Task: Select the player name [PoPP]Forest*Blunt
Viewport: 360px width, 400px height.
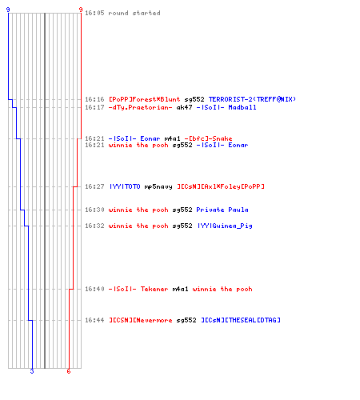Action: pyautogui.click(x=144, y=99)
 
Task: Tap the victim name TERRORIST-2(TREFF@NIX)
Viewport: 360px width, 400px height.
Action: pyautogui.click(x=252, y=99)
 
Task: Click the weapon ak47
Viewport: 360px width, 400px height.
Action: pyautogui.click(x=184, y=107)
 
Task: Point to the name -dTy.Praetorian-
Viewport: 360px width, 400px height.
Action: pyautogui.click(x=140, y=107)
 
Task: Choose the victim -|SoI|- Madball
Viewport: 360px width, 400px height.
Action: pyautogui.click(x=226, y=107)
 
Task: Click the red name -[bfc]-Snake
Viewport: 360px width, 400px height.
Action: pyautogui.click(x=208, y=138)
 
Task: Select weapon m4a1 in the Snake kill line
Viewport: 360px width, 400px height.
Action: pyautogui.click(x=172, y=138)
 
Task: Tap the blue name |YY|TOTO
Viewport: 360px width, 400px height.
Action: pyautogui.click(x=125, y=186)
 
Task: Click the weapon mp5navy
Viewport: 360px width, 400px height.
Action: pyautogui.click(x=158, y=186)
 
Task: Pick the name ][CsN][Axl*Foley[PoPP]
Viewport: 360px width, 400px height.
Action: pyautogui.click(x=221, y=186)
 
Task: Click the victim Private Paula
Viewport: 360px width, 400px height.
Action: pyautogui.click(x=222, y=210)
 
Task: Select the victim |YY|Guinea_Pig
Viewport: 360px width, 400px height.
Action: pyautogui.click(x=224, y=226)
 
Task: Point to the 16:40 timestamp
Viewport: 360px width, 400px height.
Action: pyautogui.click(x=94, y=289)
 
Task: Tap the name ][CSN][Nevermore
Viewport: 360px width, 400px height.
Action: pyautogui.click(x=140, y=320)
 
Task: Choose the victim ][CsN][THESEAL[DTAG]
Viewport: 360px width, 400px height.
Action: pyautogui.click(x=240, y=320)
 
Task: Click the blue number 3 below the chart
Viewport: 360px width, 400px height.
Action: pyautogui.click(x=32, y=371)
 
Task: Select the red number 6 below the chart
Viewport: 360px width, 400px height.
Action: pyautogui.click(x=69, y=371)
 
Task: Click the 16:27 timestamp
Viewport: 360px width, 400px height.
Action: pyautogui.click(x=94, y=186)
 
